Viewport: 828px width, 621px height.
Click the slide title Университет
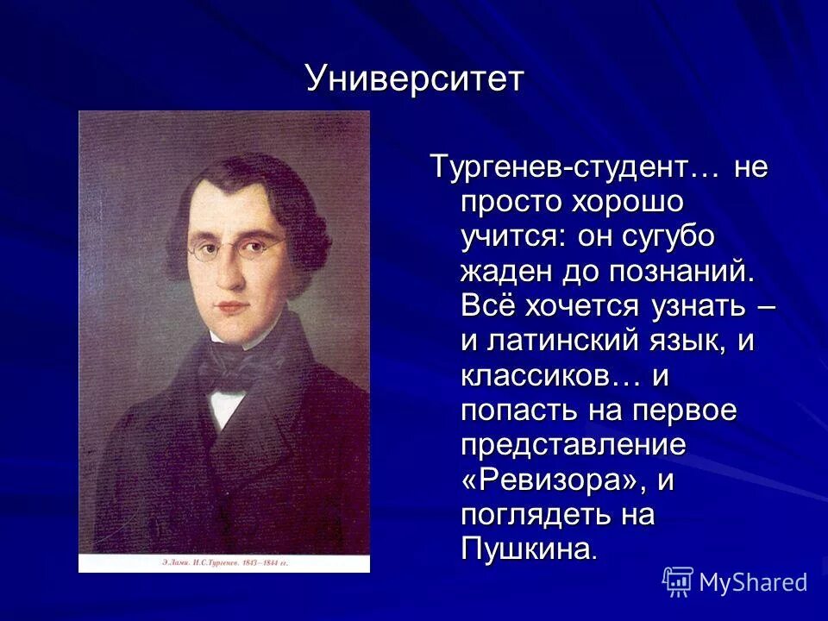(415, 79)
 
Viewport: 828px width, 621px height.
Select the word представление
(573, 445)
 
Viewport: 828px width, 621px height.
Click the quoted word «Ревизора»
(552, 480)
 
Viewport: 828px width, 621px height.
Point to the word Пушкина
(527, 549)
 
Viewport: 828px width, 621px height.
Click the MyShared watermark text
(753, 582)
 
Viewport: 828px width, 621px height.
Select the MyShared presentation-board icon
(678, 582)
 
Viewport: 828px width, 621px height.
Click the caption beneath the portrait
(223, 562)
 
